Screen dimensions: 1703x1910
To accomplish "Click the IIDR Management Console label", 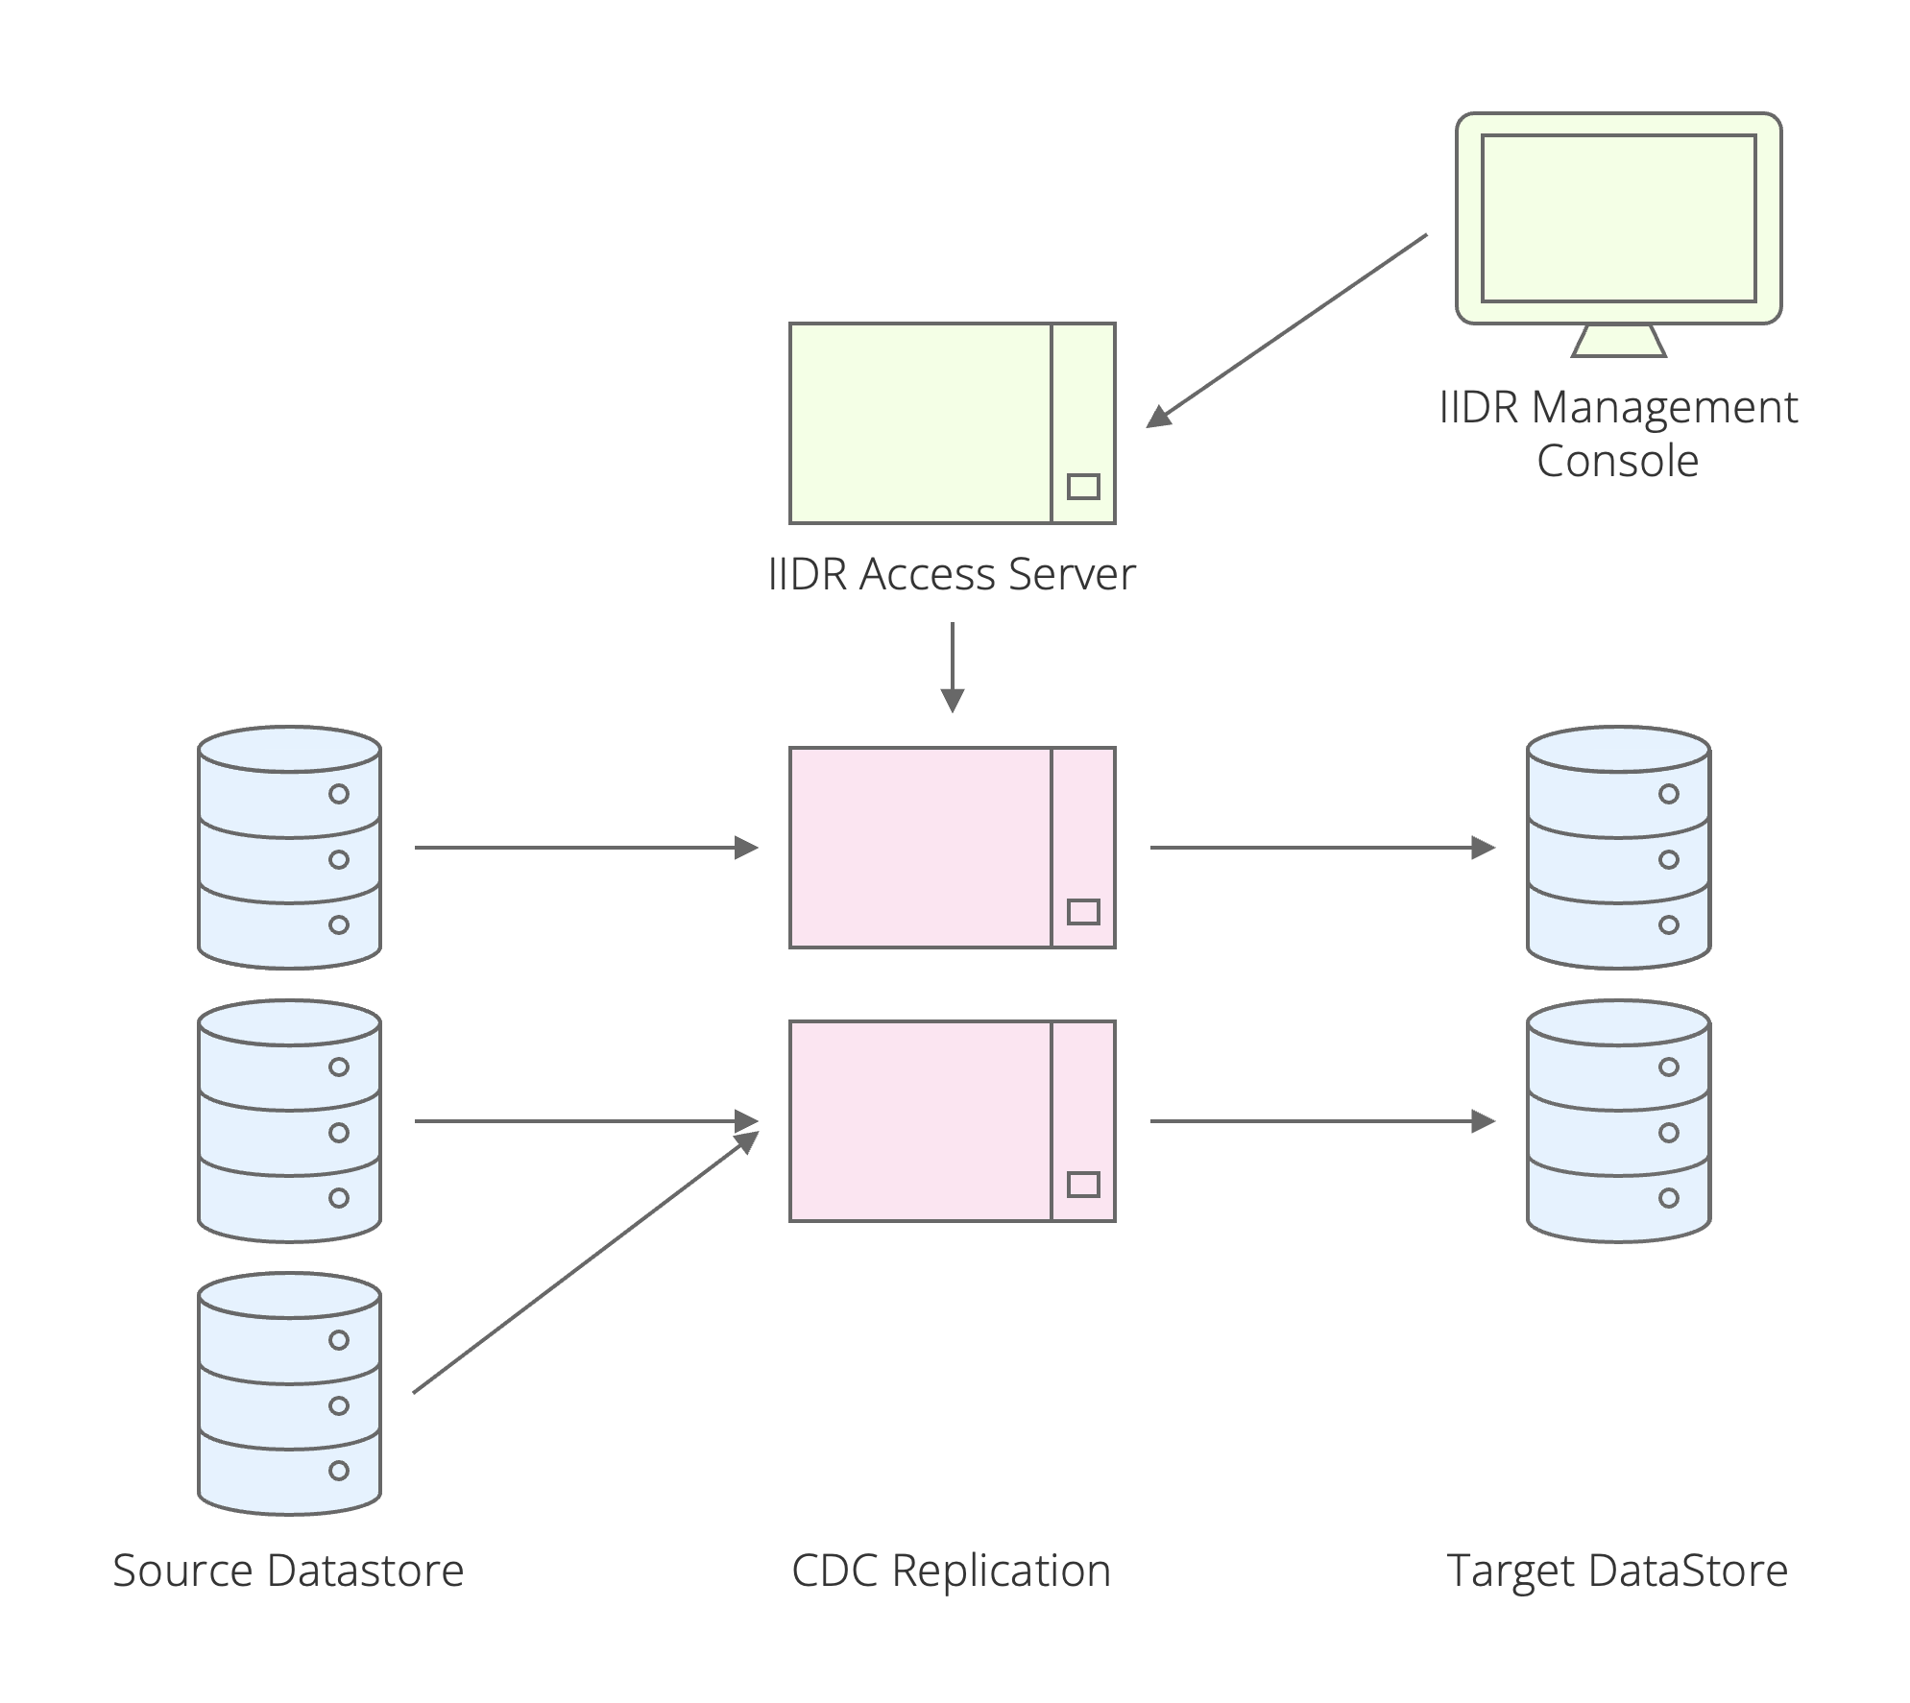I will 1617,434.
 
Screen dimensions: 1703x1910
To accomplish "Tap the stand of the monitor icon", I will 1618,342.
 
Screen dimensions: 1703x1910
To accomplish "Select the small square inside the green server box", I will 1083,487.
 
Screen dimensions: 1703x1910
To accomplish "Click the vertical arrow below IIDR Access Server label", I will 952,666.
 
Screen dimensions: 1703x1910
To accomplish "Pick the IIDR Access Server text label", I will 951,574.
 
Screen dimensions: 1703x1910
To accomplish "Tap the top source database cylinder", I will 289,848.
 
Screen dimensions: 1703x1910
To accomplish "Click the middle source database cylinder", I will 289,1120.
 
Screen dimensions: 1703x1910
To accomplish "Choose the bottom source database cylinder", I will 289,1393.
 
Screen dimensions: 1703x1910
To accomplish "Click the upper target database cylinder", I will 1618,848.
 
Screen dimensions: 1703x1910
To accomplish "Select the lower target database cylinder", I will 1618,1120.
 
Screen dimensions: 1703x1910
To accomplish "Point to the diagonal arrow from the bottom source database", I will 586,1261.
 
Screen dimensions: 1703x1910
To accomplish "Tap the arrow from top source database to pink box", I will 586,848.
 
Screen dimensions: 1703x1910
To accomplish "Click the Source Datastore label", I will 288,1571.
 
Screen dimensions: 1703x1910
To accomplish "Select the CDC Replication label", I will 951,1571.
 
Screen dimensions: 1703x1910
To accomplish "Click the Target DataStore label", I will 1617,1571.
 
